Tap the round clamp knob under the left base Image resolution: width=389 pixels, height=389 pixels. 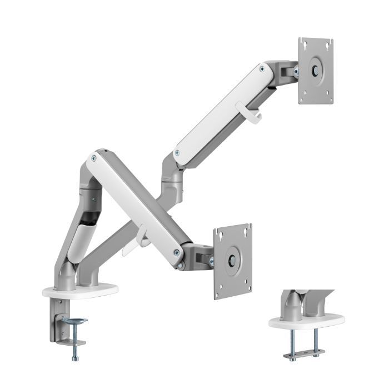(x=75, y=321)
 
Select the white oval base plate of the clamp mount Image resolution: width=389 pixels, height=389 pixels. (x=80, y=290)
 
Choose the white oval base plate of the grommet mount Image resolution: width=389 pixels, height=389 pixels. (x=306, y=321)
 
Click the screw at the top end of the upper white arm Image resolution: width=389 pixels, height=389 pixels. (x=262, y=69)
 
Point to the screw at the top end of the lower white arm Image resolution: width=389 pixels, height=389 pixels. (x=93, y=158)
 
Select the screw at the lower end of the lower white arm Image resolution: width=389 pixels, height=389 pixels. (x=177, y=253)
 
